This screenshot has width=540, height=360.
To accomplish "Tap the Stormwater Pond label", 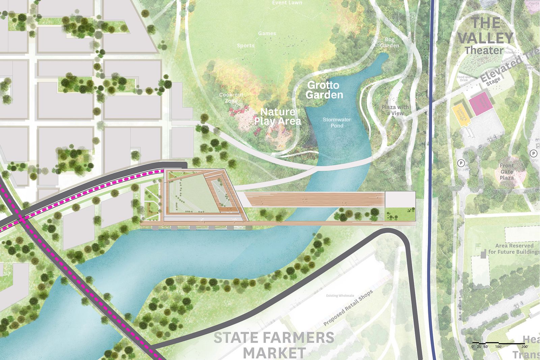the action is (x=337, y=123).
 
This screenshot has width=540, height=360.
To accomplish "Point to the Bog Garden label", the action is (x=389, y=43).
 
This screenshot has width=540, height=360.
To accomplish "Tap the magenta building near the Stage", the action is (x=479, y=104).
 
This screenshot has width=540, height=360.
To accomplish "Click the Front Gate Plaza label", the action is (x=507, y=172).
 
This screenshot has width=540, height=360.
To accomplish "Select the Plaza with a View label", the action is (x=395, y=110).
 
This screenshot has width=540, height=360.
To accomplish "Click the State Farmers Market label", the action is (x=274, y=345).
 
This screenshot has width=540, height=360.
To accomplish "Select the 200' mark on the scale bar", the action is (x=525, y=347).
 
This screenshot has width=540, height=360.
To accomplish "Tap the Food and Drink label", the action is (x=463, y=79).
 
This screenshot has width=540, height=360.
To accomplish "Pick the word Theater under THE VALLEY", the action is (x=484, y=51).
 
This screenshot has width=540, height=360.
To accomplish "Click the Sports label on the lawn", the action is (x=245, y=46).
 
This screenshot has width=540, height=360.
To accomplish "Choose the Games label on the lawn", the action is (x=267, y=33).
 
